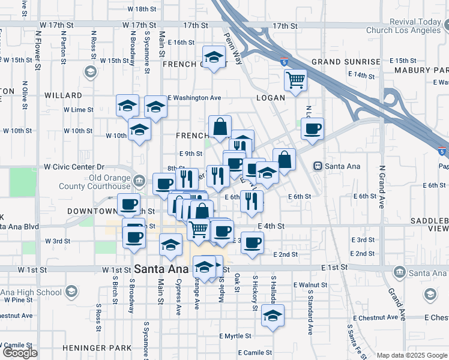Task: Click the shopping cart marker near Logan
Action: pos(295,80)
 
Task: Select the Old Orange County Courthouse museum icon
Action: pos(139,180)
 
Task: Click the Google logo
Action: pos(20,353)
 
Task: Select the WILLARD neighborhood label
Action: pos(62,95)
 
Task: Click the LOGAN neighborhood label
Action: pos(270,97)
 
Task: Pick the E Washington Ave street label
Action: pos(194,97)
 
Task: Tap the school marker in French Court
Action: pos(213,58)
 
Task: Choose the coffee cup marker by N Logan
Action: pos(312,128)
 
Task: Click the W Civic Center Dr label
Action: pos(74,167)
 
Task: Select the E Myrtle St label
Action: pos(234,336)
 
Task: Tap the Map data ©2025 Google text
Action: pos(412,355)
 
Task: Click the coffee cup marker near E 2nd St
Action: pos(253,242)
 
